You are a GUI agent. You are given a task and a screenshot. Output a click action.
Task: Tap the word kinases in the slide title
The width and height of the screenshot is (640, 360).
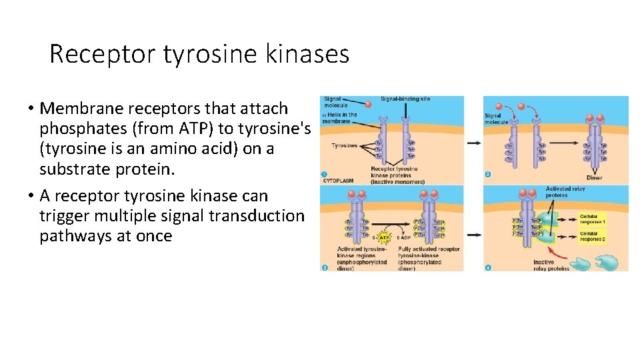click(x=307, y=54)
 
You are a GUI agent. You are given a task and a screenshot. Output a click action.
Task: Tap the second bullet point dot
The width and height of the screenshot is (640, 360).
click(x=31, y=196)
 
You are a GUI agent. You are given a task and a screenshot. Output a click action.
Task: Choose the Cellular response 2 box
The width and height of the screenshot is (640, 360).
click(x=592, y=236)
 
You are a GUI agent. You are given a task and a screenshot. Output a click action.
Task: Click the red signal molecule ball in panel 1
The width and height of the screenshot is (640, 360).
click(x=368, y=105)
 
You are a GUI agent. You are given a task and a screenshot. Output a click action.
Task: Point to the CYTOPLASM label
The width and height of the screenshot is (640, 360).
click(x=337, y=180)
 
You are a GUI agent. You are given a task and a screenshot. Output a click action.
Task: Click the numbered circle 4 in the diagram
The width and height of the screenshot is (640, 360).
click(x=489, y=267)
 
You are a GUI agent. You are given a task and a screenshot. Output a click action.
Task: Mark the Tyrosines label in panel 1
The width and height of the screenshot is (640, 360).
click(x=343, y=145)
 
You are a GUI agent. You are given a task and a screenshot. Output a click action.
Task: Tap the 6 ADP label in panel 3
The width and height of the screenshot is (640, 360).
click(x=404, y=238)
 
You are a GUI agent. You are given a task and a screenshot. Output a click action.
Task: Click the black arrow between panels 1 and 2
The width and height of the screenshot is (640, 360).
click(x=473, y=143)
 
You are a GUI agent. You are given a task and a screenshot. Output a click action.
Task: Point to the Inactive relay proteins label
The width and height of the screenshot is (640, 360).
click(x=552, y=265)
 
